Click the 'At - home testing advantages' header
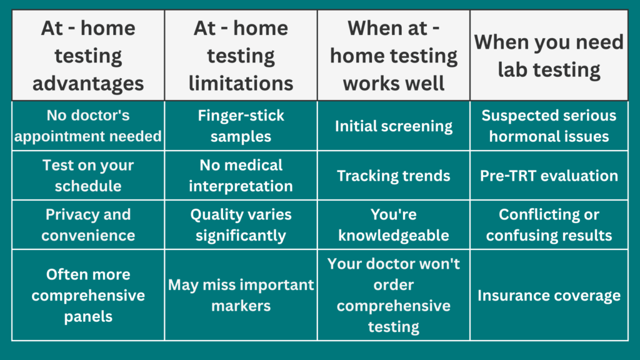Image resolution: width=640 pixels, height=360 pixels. pos(88,56)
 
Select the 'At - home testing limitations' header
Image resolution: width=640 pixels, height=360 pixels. pos(241,56)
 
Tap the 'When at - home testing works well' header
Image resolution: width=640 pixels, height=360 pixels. pos(394,56)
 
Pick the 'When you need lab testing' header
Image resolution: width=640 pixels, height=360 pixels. pos(549,56)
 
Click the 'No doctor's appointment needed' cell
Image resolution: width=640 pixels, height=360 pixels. pos(88,126)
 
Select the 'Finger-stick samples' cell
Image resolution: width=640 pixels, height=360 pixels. pos(241,126)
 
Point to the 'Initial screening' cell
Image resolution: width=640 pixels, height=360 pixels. pos(394,126)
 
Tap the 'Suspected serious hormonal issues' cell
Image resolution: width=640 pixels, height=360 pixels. pos(549,126)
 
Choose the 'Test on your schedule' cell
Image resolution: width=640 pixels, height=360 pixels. pos(88,176)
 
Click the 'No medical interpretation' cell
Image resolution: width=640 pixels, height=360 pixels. pos(241,176)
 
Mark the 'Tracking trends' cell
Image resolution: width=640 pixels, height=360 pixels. pos(394,176)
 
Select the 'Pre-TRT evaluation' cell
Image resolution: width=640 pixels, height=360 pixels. pos(549,176)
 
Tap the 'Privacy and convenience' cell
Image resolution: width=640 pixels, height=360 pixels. pos(88,225)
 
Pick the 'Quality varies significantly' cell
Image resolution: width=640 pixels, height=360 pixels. pos(241,225)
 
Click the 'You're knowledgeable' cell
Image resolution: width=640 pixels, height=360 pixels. pos(394,225)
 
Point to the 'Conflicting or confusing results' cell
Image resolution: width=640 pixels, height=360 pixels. pos(549,225)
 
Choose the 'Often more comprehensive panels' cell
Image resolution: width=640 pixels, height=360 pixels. pos(88,295)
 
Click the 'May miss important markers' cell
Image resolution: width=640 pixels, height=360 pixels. pos(241,295)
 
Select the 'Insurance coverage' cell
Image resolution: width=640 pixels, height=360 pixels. pos(549,295)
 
